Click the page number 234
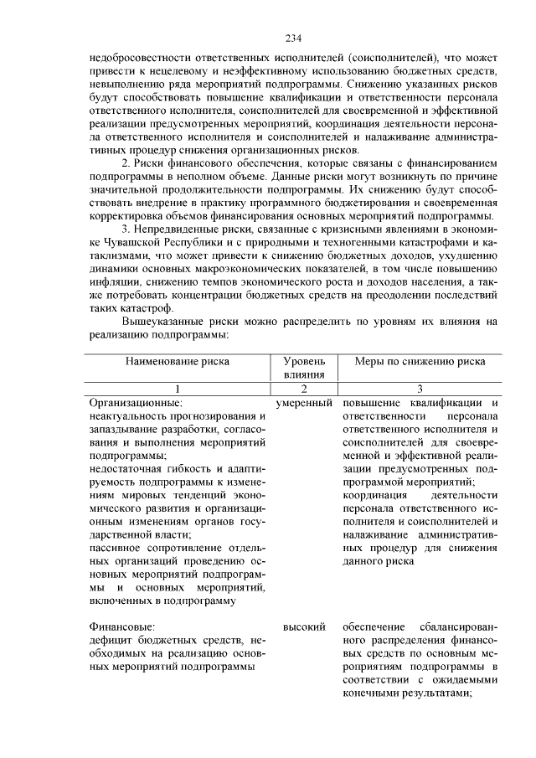292,39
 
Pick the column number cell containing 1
177,389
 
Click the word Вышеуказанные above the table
168,321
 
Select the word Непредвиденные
180,227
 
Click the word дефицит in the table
112,641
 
